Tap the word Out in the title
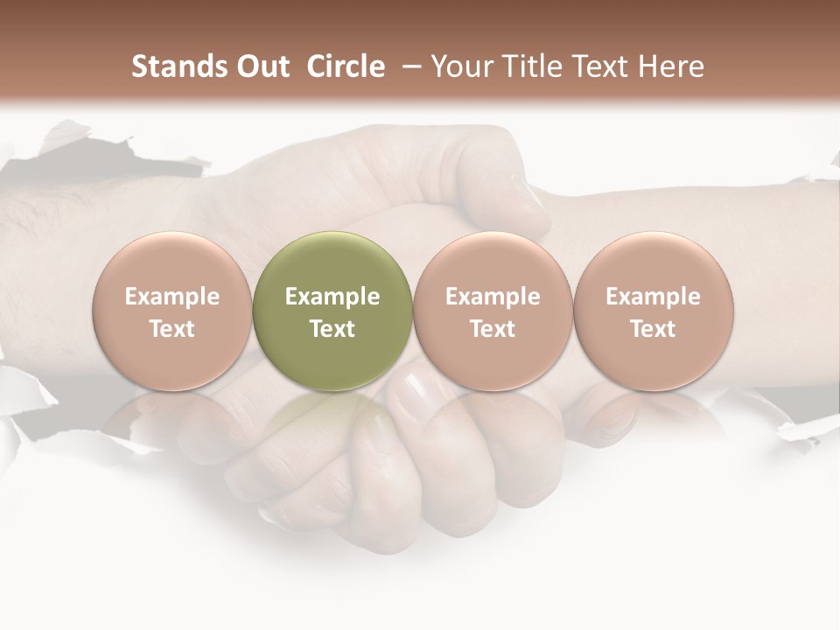(x=261, y=66)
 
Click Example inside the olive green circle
(x=332, y=297)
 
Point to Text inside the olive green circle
(x=332, y=329)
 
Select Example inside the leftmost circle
(x=171, y=297)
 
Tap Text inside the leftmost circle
(x=171, y=329)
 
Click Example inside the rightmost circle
(x=654, y=297)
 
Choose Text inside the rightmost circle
(x=654, y=329)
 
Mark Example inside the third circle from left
(x=493, y=297)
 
